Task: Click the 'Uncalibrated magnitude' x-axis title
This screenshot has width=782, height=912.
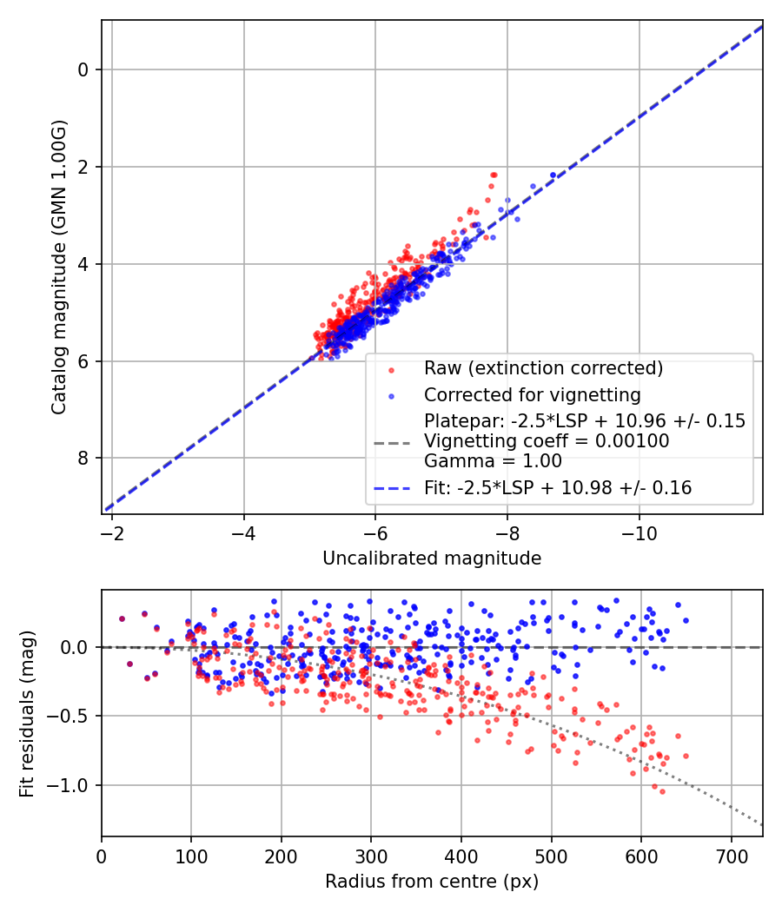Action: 432,558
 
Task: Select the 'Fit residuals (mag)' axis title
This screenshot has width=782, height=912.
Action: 27,713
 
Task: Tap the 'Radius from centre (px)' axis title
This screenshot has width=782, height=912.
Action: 432,882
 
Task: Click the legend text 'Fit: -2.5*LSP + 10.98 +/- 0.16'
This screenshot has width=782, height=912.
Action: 558,488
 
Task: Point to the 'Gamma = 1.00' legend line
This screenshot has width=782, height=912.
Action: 493,461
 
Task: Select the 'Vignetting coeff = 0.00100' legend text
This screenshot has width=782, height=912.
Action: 547,441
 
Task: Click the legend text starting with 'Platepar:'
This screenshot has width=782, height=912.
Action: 584,421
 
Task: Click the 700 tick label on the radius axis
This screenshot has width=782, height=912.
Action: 731,855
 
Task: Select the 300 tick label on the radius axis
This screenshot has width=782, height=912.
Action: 371,855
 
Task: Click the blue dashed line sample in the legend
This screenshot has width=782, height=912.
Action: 392,488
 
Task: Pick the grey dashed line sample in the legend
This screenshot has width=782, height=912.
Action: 392,442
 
